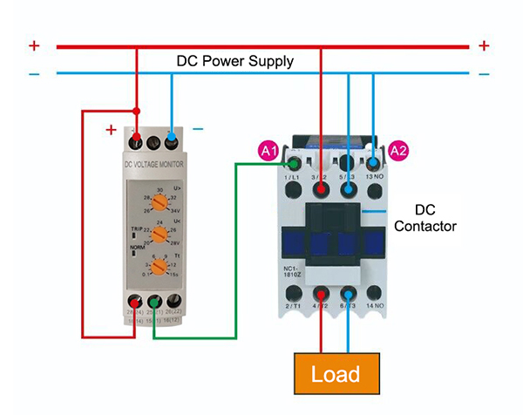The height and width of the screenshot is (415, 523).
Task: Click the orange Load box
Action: click(335, 373)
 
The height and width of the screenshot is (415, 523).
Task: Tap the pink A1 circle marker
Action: click(269, 150)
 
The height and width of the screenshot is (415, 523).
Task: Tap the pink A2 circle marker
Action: click(398, 150)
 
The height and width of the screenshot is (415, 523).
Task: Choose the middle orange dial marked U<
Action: click(159, 234)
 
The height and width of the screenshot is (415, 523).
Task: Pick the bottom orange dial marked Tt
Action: click(159, 266)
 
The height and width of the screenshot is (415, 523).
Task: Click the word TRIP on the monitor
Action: click(137, 228)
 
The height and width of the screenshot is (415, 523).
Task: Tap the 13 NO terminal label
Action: click(376, 176)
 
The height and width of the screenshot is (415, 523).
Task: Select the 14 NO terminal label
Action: click(375, 307)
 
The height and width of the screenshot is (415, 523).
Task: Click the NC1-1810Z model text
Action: click(296, 271)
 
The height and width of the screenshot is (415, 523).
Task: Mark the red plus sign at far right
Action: click(484, 45)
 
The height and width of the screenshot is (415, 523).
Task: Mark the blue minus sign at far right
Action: click(484, 74)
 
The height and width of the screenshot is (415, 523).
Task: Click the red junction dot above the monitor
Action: click(137, 111)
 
